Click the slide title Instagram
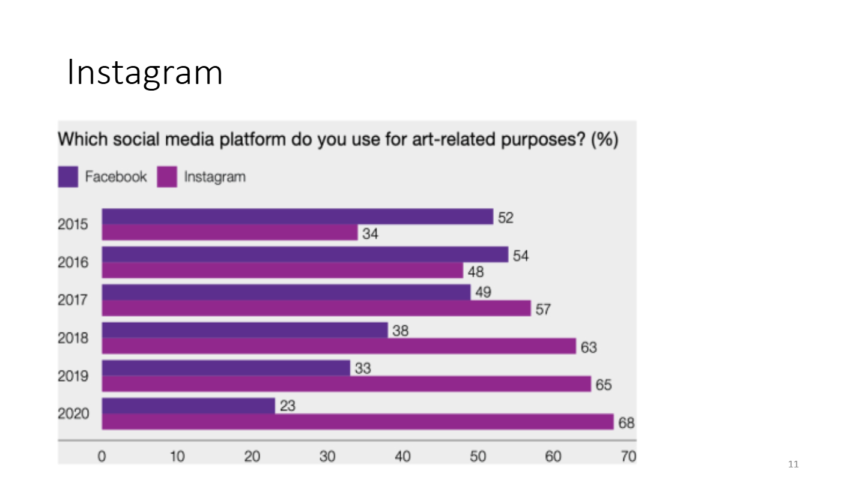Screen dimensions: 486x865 click(144, 73)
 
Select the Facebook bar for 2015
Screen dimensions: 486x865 click(297, 217)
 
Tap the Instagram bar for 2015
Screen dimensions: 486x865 click(230, 233)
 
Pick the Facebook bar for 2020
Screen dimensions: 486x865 click(189, 406)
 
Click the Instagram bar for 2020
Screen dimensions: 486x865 click(357, 422)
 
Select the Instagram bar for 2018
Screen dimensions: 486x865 click(339, 346)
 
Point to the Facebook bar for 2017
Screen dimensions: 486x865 click(286, 292)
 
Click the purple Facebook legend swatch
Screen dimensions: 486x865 click(68, 177)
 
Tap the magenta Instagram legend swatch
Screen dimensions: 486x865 click(167, 177)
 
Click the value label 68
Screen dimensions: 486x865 click(627, 424)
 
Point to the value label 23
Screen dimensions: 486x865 click(288, 406)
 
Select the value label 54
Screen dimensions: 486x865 click(520, 256)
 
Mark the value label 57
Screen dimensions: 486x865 click(543, 310)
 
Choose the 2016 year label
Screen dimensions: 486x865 click(73, 262)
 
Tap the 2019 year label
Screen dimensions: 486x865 click(73, 376)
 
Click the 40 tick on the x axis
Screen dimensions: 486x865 click(402, 457)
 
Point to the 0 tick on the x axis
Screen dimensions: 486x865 click(102, 457)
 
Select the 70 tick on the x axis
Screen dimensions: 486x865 click(628, 457)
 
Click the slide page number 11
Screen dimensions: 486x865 click(794, 464)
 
